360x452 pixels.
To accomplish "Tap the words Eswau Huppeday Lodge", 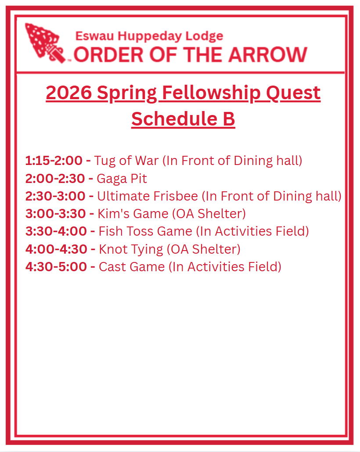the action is click(149, 36).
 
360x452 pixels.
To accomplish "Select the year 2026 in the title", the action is click(68, 93).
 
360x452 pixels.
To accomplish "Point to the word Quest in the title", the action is click(293, 93).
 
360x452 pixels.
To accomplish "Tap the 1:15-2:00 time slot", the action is click(54, 161).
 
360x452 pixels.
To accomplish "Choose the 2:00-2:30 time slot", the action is click(55, 179).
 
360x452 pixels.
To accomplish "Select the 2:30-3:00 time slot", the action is click(55, 196).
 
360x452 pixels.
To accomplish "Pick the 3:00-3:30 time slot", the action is click(56, 214).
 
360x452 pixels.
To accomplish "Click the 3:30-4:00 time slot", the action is click(56, 231).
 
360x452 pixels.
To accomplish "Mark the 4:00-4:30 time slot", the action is click(56, 249).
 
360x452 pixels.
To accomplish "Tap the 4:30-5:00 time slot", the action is click(56, 267).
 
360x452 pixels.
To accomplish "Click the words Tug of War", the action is click(126, 161).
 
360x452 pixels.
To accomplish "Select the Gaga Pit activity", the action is click(122, 179).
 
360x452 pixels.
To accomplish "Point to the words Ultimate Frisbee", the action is click(148, 196).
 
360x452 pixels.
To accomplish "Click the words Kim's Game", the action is click(133, 214).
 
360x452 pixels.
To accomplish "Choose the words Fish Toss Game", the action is click(145, 231).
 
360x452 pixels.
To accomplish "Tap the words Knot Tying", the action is click(131, 250).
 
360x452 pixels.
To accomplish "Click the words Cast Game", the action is click(132, 267).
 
